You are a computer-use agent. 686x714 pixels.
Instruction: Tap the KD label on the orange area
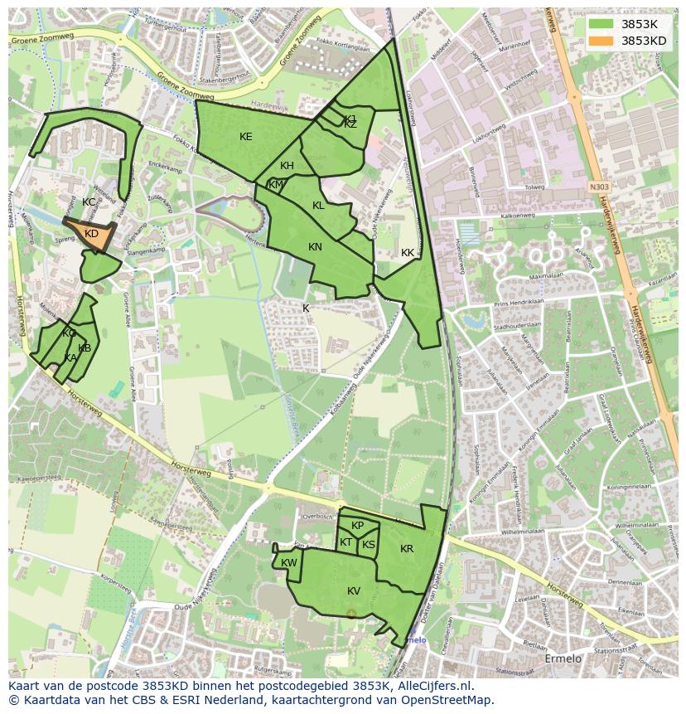pos(91,234)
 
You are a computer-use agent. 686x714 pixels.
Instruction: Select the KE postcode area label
pos(246,137)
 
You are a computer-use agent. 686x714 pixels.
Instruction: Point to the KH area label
pos(287,166)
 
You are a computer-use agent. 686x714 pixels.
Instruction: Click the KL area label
pos(318,206)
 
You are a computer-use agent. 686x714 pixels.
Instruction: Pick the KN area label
pos(315,247)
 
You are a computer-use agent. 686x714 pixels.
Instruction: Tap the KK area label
pos(408,253)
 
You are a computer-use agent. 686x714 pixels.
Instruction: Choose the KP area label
pos(357,526)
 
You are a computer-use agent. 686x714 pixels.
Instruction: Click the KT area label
pos(345,542)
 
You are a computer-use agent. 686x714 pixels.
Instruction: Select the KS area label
pos(369,545)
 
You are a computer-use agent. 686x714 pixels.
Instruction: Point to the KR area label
pos(407,549)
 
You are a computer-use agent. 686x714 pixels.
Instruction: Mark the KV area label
pos(354,590)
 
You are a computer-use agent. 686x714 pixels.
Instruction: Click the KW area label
pos(288,563)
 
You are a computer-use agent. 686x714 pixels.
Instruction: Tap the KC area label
pos(89,202)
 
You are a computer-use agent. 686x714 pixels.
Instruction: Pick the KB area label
pos(85,348)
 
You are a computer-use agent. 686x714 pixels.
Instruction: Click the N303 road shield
pos(600,188)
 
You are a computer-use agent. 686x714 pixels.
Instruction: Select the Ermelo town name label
pos(563,658)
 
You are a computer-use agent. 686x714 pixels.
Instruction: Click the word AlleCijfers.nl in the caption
pos(432,686)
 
